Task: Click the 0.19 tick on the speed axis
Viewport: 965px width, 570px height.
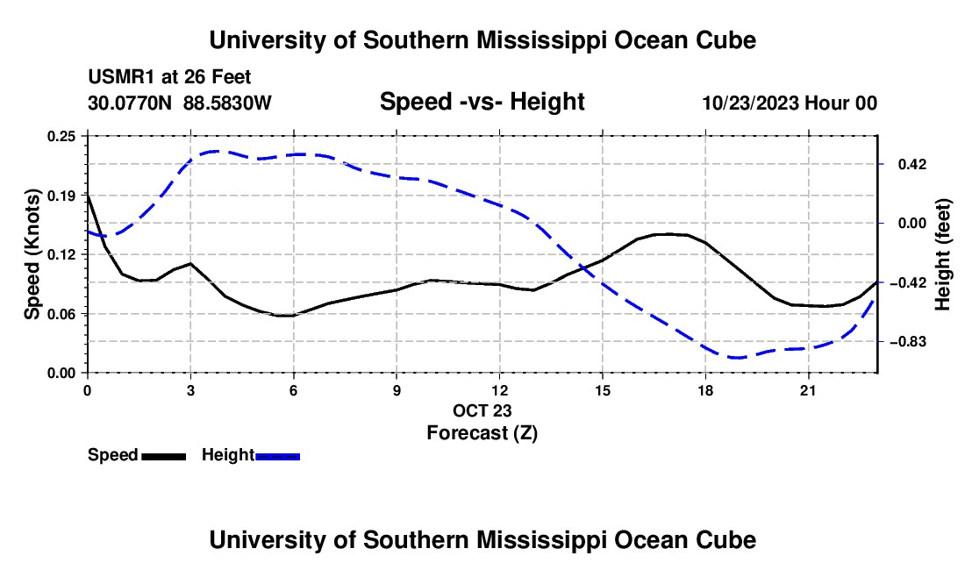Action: tap(61, 196)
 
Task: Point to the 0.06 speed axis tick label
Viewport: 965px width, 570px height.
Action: tap(61, 314)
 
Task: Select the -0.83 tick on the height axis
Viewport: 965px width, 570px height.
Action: tap(908, 341)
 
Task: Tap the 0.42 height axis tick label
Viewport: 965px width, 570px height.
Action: tap(911, 164)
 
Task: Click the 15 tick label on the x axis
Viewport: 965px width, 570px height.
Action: tap(603, 390)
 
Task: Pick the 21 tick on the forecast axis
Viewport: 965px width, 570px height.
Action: tap(808, 390)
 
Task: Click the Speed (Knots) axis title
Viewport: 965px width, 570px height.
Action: tap(32, 254)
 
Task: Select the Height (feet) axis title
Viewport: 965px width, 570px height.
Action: tap(943, 254)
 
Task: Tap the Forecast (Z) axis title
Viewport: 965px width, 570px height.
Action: tap(482, 433)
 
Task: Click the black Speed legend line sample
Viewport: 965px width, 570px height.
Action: tap(164, 457)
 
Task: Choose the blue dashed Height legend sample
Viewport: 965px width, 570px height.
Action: tap(277, 457)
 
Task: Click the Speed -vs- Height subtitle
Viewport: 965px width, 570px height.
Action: tap(482, 102)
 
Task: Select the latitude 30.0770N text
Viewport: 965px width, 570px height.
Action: tap(130, 103)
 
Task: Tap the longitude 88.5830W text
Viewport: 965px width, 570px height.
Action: tap(227, 103)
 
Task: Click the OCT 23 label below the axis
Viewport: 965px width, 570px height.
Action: tap(482, 410)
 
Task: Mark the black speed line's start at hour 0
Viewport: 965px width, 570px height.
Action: tap(88, 196)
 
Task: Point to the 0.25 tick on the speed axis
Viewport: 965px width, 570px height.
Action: tap(61, 136)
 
